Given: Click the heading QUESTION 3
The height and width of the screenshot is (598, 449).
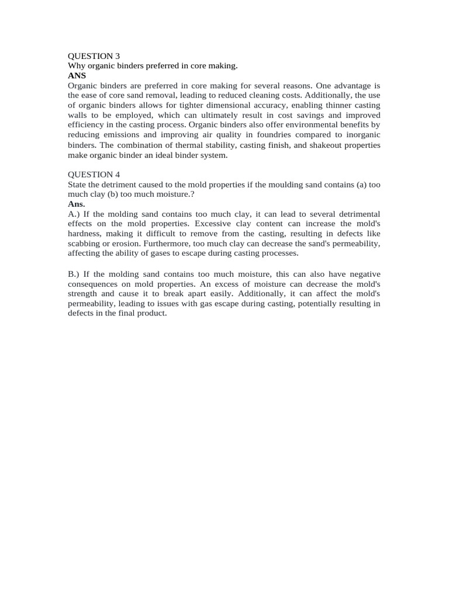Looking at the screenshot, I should pos(94,56).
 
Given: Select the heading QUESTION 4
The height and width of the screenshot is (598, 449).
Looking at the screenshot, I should pos(94,174).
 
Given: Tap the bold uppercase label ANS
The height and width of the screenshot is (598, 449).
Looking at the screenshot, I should pos(77,76).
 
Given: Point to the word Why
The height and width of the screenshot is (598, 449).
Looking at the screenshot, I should pos(77,66).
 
